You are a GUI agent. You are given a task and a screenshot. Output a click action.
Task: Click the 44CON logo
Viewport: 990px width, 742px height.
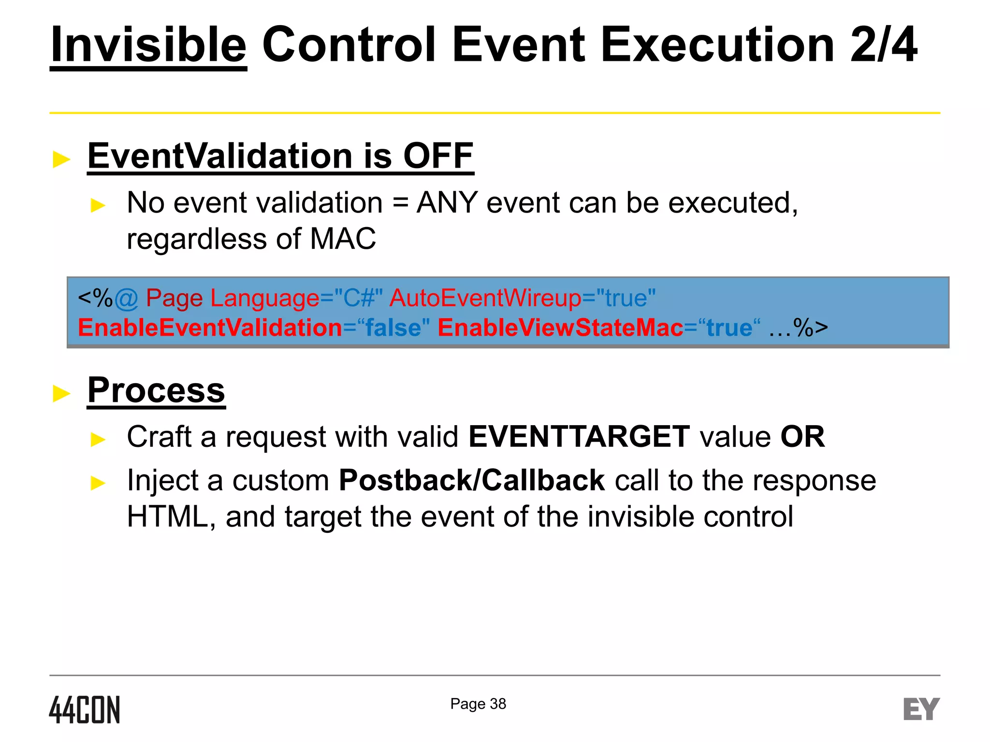click(x=85, y=710)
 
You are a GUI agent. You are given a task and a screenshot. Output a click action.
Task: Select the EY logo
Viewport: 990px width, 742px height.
click(x=921, y=709)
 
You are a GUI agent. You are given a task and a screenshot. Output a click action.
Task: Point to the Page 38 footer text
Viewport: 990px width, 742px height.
click(x=478, y=704)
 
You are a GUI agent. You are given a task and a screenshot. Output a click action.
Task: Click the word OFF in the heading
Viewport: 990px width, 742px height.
click(x=438, y=156)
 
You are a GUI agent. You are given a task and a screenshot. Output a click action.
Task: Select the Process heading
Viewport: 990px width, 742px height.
click(x=156, y=390)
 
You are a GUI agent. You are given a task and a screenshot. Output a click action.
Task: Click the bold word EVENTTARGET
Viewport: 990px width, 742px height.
click(x=579, y=437)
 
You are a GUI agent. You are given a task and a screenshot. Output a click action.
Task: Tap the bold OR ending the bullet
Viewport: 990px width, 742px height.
click(x=802, y=437)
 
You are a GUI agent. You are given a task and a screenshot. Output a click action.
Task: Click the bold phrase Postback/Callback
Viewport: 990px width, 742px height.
click(x=471, y=480)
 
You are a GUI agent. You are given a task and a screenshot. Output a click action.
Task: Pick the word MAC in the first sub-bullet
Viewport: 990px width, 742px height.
click(x=342, y=239)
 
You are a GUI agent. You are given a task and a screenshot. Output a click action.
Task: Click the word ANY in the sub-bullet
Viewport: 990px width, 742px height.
click(x=447, y=202)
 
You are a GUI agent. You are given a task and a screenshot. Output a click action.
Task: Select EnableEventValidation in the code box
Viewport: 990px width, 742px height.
click(x=210, y=328)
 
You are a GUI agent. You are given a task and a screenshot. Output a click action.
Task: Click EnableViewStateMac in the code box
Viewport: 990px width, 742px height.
click(x=560, y=328)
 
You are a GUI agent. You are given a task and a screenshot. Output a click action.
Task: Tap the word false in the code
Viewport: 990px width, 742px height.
click(x=393, y=328)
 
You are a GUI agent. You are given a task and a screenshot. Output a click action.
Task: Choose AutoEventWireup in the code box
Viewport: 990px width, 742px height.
click(x=485, y=298)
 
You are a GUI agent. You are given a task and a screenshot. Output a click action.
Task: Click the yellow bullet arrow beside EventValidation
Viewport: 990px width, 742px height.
click(x=61, y=159)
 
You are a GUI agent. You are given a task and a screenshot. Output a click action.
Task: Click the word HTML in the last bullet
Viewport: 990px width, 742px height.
click(x=167, y=516)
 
